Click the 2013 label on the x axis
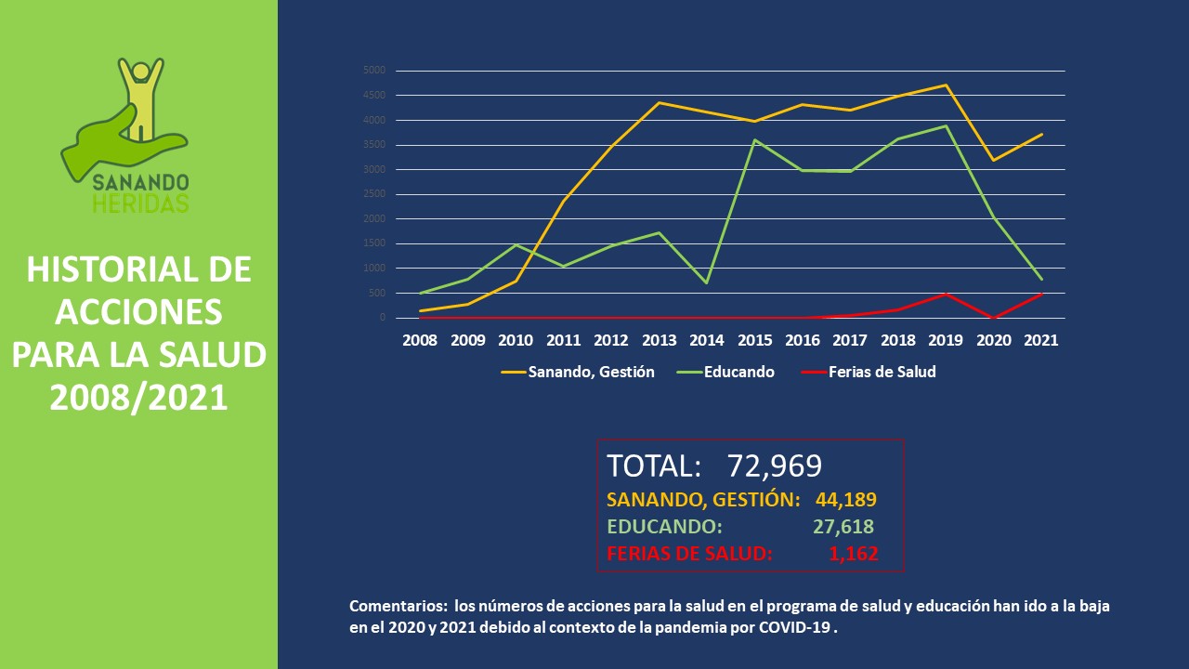(660, 340)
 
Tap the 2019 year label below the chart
(946, 340)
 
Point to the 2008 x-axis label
(420, 340)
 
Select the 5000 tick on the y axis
(374, 71)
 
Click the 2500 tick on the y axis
(374, 194)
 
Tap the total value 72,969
(775, 466)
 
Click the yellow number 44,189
(845, 500)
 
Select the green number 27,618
(843, 527)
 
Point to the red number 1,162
(853, 555)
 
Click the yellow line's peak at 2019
(946, 85)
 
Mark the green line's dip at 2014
(707, 282)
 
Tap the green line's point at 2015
(754, 140)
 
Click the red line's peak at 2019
(946, 294)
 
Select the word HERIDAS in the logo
(140, 203)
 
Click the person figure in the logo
(141, 93)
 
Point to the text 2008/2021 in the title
(138, 397)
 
